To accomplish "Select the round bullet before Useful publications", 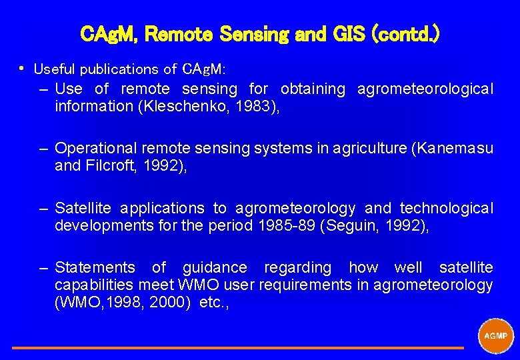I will tap(22, 67).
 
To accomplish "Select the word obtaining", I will tap(313, 89).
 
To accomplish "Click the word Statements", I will tap(95, 268).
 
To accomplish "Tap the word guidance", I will tap(215, 268).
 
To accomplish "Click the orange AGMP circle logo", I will tap(496, 335).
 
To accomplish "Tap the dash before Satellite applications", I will tap(44, 209).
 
